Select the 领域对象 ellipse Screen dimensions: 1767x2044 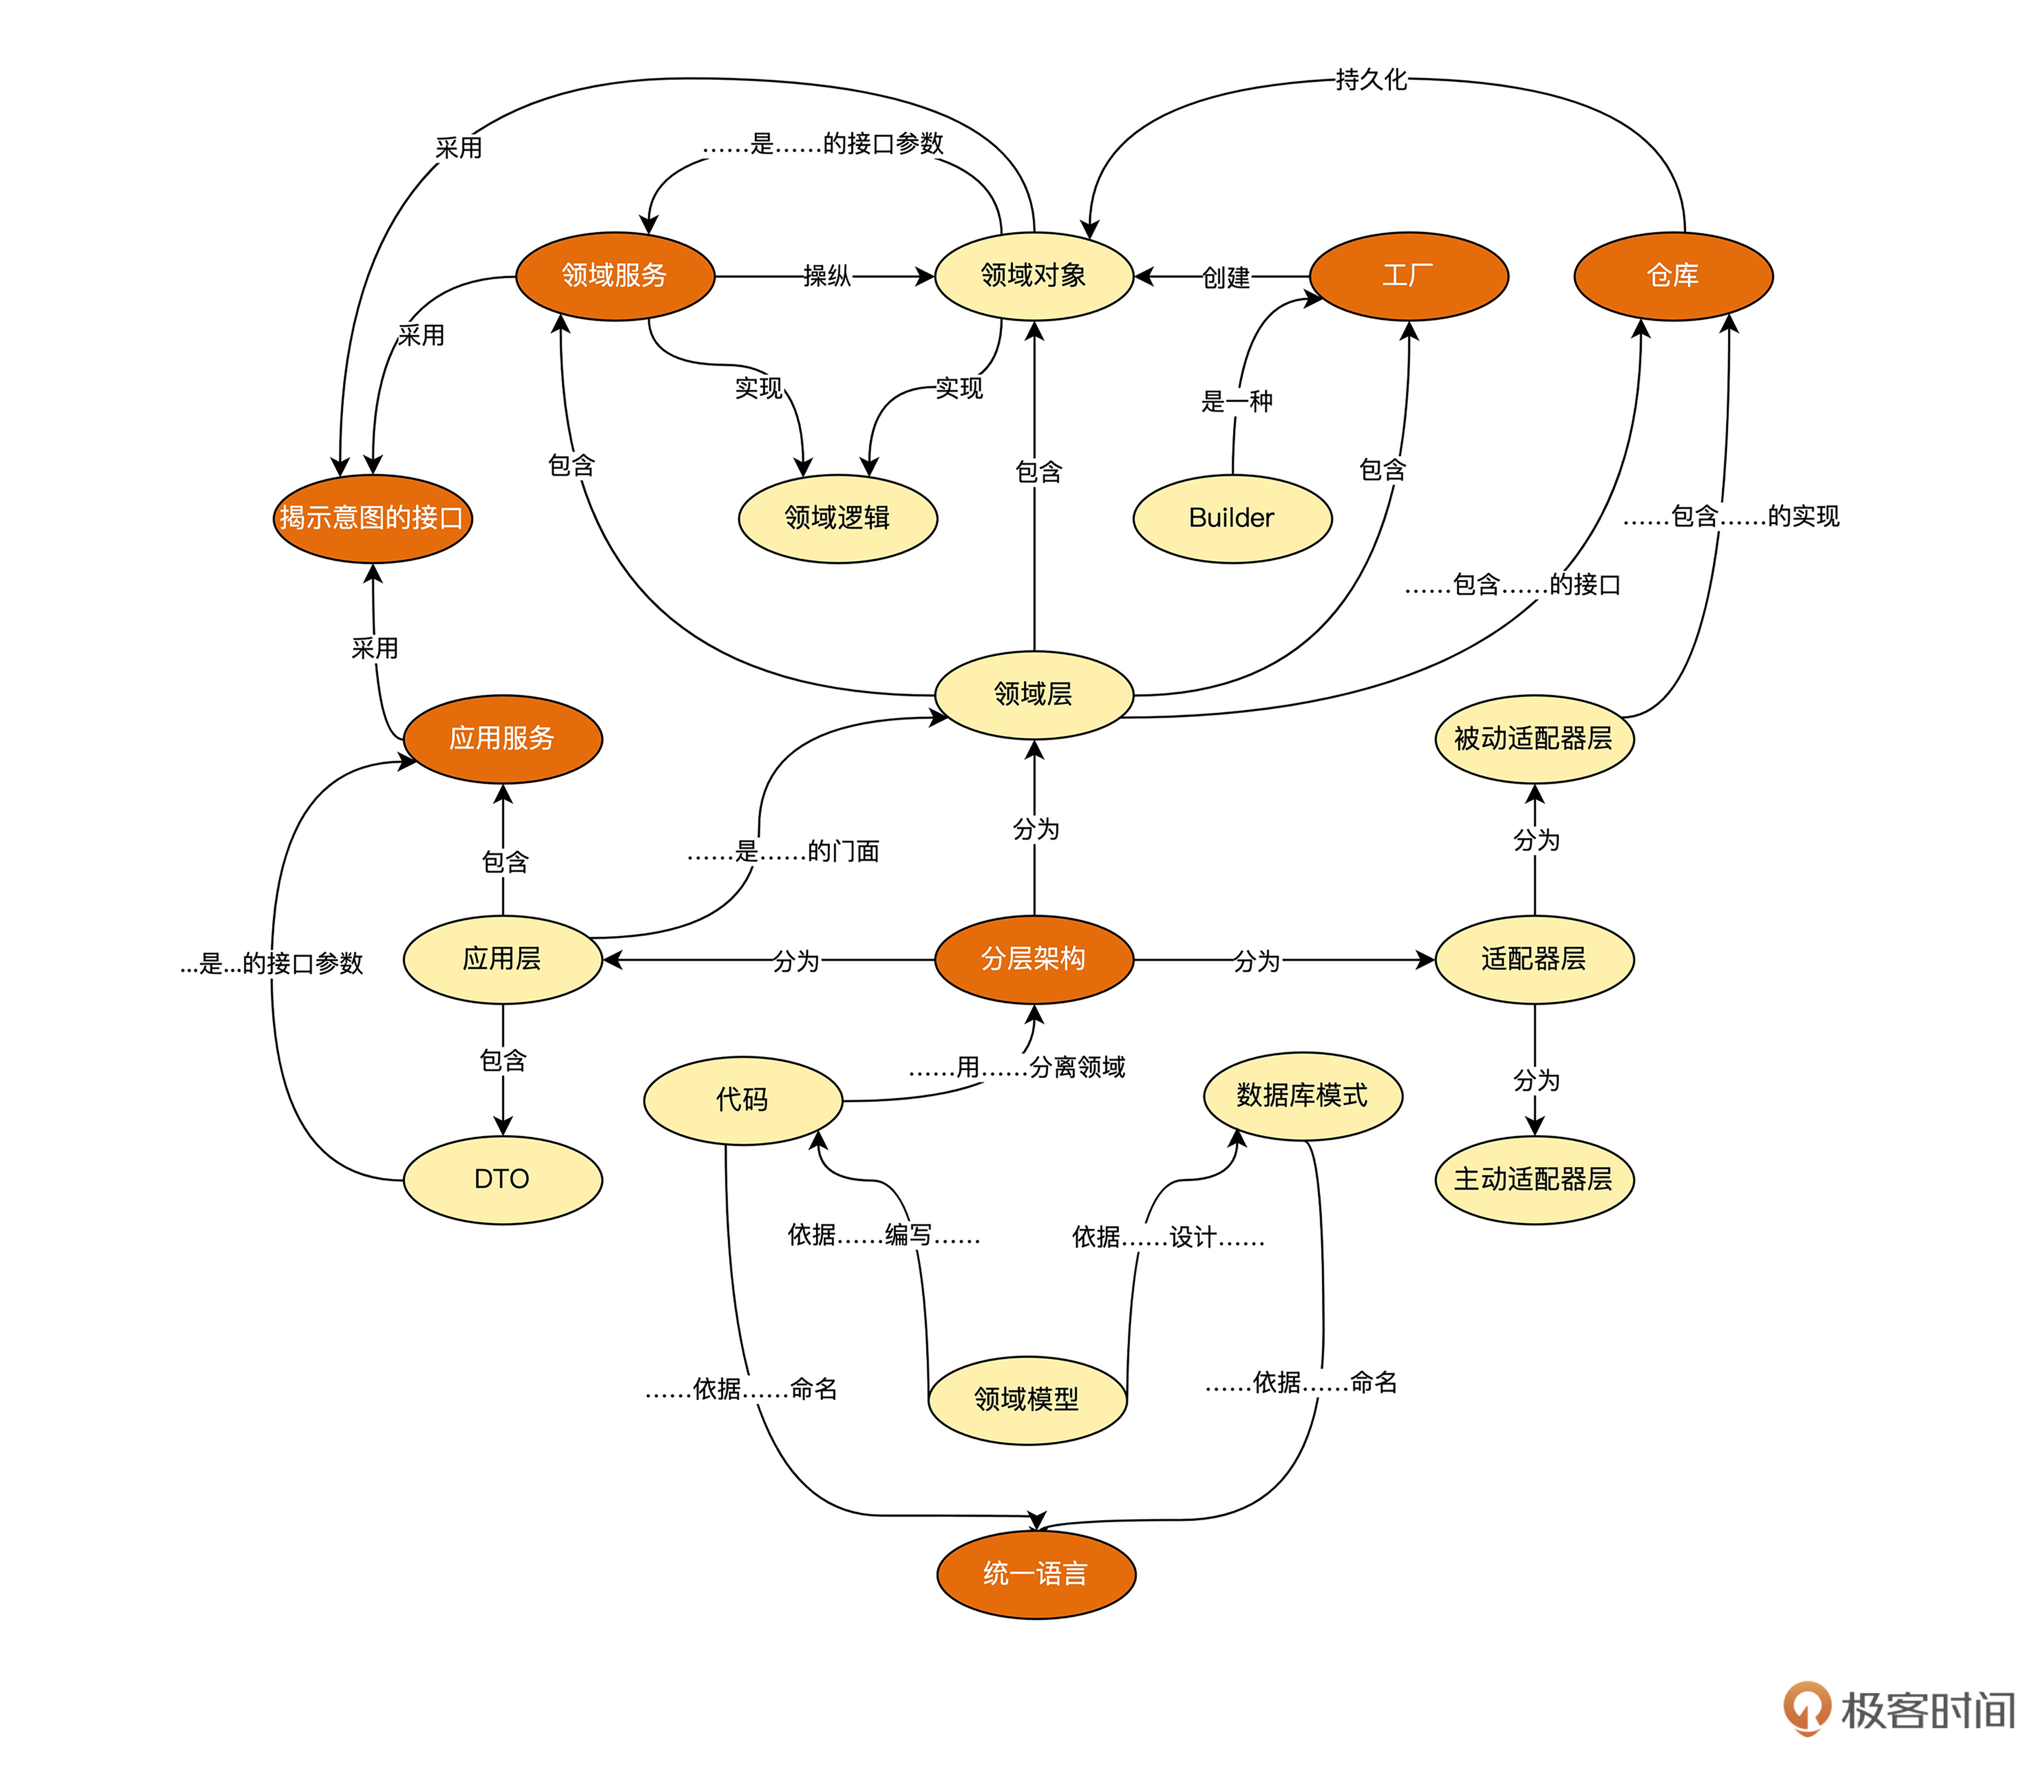(x=1033, y=276)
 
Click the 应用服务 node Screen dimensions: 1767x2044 (x=502, y=739)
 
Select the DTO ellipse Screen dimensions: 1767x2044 (x=502, y=1180)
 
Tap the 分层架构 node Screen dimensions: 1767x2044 (x=1033, y=959)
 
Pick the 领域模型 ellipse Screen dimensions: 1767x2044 (x=1027, y=1400)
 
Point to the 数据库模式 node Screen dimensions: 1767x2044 (x=1302, y=1096)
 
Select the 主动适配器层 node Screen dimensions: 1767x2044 (x=1534, y=1180)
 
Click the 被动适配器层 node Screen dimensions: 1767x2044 (x=1534, y=739)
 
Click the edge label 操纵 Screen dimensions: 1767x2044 (x=827, y=276)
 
